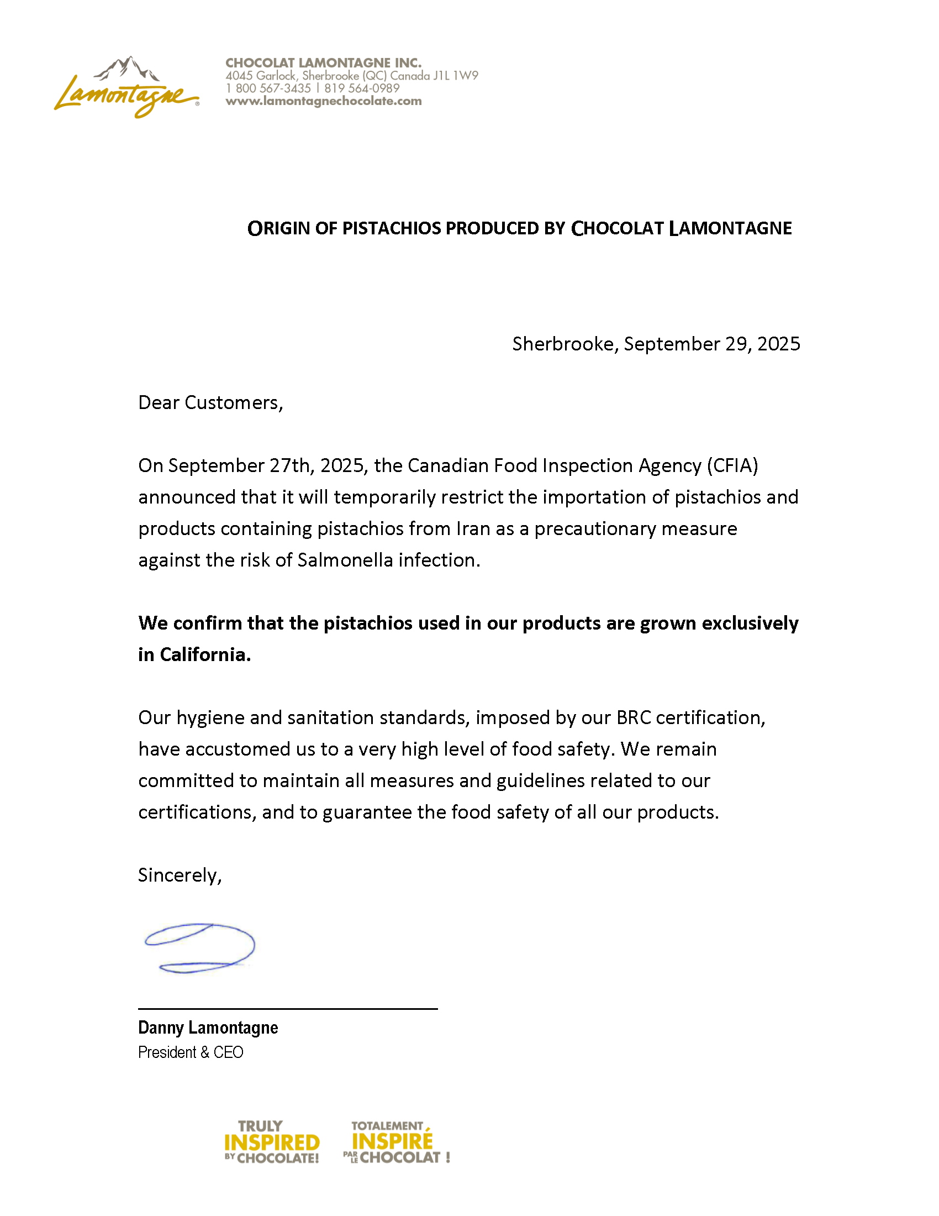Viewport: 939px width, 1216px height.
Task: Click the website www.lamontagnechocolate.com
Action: click(x=323, y=101)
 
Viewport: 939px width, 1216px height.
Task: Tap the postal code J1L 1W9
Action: click(x=456, y=76)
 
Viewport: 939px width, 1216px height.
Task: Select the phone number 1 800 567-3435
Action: click(x=268, y=88)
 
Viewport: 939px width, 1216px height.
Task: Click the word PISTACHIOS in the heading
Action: click(x=392, y=228)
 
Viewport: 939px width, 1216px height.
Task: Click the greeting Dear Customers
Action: click(x=210, y=402)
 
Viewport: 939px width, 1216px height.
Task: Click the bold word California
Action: click(x=205, y=655)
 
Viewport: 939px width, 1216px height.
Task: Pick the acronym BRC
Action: click(x=633, y=717)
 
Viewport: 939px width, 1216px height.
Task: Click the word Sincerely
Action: click(x=179, y=876)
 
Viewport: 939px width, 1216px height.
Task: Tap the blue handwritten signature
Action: click(x=199, y=947)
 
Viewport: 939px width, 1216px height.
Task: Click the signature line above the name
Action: click(x=288, y=1008)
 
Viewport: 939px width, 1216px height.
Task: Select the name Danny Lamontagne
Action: click(x=208, y=1028)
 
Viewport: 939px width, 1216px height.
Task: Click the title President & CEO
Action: click(x=190, y=1052)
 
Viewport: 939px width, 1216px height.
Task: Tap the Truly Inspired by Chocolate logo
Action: click(x=271, y=1142)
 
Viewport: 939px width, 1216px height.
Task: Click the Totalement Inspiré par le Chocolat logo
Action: click(x=395, y=1142)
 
